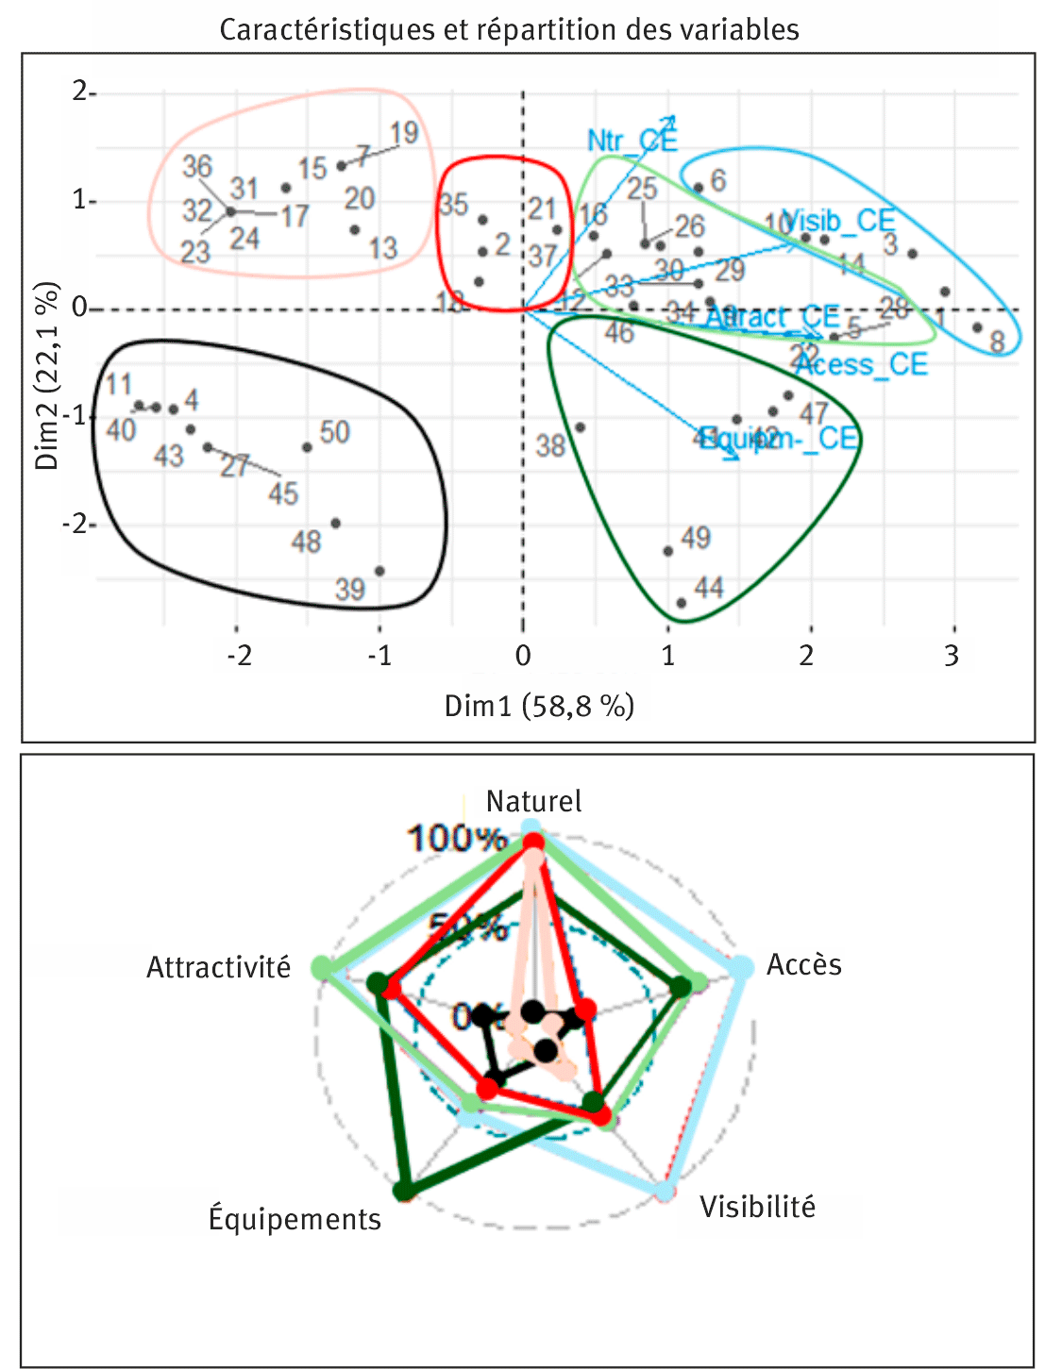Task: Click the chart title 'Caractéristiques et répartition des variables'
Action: point(509,29)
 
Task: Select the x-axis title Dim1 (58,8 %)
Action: point(539,706)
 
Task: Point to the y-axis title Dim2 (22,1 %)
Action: point(47,375)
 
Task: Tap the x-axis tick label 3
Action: point(952,656)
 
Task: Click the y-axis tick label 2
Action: point(81,92)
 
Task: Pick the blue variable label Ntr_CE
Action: point(631,141)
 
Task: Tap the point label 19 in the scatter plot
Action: point(404,133)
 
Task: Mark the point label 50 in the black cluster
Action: point(335,432)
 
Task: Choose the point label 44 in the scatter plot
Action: point(709,588)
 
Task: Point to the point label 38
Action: point(550,445)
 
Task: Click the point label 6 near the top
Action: point(718,180)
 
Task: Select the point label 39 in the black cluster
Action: point(350,590)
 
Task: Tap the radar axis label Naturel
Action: point(533,801)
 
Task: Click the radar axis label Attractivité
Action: point(218,967)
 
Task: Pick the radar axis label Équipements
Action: point(295,1219)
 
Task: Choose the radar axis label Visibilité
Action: point(757,1207)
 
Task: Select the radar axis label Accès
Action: point(803,964)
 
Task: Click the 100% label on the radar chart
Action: point(457,838)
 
